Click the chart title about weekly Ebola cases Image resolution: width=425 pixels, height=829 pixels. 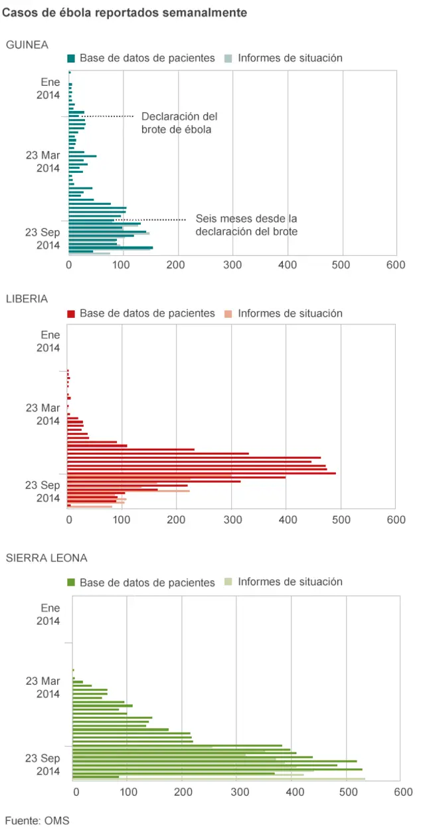coord(125,13)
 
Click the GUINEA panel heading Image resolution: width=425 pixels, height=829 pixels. coord(27,45)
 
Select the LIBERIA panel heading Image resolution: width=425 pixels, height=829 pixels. coord(27,298)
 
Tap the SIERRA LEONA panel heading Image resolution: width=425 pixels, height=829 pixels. coord(46,558)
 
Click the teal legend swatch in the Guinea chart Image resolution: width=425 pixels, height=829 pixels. coord(71,59)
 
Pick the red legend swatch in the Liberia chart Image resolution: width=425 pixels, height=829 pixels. coord(71,313)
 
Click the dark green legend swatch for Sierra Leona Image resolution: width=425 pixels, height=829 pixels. coord(71,582)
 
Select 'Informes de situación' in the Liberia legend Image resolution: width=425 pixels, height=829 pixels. coord(290,313)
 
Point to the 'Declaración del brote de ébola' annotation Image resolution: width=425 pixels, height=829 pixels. coord(179,123)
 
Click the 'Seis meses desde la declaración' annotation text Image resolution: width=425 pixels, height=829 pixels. coord(246,225)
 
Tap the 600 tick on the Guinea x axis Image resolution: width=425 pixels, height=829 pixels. coord(396,265)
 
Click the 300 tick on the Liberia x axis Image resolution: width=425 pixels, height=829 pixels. coord(232,520)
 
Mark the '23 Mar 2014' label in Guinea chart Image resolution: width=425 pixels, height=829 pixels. coord(43,162)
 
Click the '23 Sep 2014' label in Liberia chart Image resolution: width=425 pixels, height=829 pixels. coord(43,492)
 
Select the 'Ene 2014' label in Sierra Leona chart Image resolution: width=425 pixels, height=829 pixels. coord(50,614)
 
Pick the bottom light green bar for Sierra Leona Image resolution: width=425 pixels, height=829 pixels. coord(219,778)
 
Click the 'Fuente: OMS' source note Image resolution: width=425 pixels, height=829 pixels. coord(37,820)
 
